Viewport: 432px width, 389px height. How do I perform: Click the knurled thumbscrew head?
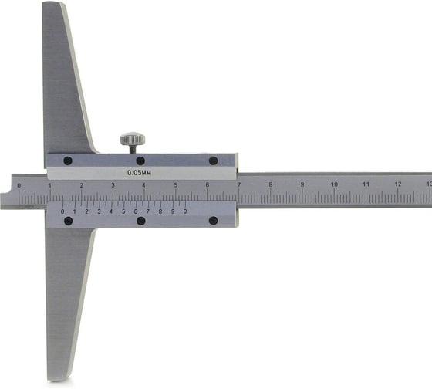point(133,139)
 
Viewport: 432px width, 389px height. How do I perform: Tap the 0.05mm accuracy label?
point(139,173)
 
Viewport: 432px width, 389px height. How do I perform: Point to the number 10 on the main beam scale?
point(334,184)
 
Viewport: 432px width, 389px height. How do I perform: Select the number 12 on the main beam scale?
point(397,184)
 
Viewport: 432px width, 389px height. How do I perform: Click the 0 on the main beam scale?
point(19,186)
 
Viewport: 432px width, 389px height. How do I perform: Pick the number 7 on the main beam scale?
point(239,184)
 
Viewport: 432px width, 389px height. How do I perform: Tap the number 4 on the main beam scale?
point(143,185)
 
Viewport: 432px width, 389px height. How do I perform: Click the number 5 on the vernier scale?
point(123,211)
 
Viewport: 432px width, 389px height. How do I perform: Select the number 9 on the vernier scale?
point(173,211)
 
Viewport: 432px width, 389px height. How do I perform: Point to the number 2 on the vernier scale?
point(86,211)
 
